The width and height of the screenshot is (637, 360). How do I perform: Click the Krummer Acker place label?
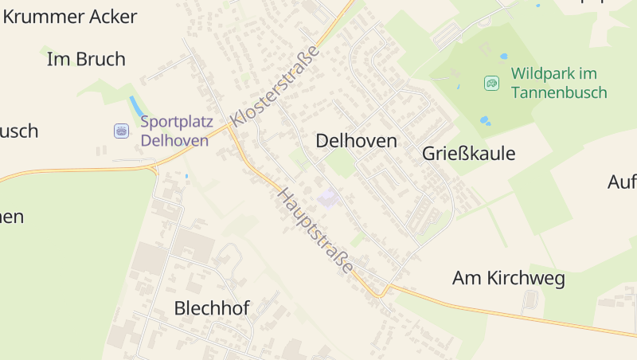[x=70, y=17]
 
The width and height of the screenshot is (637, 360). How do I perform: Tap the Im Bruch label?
[x=86, y=59]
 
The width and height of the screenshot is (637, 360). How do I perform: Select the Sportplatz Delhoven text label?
[x=174, y=131]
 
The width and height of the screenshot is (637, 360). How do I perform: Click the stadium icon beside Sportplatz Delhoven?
[x=121, y=131]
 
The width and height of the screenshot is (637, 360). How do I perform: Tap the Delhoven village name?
[x=356, y=141]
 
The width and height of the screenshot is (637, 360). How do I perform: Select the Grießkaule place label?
[x=469, y=154]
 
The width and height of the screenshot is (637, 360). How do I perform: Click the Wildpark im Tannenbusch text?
[x=559, y=83]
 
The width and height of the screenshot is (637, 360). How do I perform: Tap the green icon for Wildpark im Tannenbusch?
[x=492, y=82]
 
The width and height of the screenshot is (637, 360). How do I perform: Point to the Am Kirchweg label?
[x=508, y=279]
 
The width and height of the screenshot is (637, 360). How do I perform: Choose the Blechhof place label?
[x=212, y=308]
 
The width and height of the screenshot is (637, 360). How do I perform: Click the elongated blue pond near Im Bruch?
[x=135, y=105]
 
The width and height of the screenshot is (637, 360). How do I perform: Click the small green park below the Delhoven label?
[x=341, y=163]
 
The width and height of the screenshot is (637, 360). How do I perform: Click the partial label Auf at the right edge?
[x=622, y=182]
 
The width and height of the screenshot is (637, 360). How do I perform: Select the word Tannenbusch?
[x=559, y=92]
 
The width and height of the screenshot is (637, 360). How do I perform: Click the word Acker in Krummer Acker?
[x=107, y=17]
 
